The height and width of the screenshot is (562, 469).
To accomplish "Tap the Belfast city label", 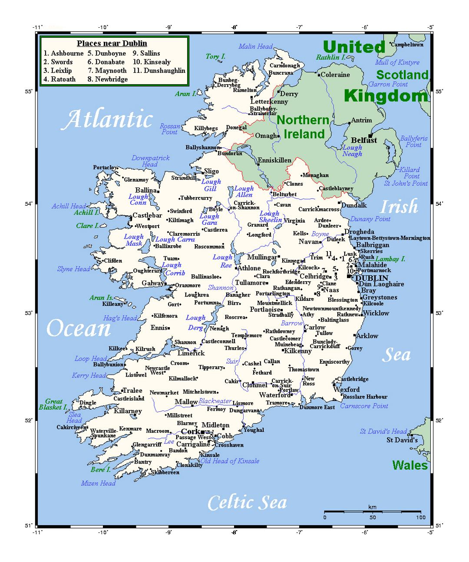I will point(364,140).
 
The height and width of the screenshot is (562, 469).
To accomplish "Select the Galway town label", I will point(153,283).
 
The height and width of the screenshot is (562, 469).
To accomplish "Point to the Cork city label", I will point(190,431).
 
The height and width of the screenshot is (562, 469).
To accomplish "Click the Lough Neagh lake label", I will point(352,151).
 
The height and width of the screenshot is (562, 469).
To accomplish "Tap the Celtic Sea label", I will point(247,503).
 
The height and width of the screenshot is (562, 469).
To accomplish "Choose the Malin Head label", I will point(255,46).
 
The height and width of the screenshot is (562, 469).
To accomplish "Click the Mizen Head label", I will point(98,483).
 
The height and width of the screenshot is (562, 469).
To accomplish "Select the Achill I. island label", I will point(86,213).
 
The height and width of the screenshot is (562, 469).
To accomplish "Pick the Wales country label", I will point(410,465).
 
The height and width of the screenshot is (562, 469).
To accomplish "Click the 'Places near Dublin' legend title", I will point(112,43).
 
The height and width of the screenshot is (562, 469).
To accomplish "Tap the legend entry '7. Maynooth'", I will point(107,70).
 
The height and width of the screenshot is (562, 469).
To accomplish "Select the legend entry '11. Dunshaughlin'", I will point(159,70).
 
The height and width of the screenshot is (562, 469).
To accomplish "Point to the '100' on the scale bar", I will point(420,517).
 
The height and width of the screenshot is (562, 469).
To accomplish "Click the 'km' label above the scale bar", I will point(372,507).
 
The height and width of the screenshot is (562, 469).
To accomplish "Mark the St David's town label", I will point(402,440).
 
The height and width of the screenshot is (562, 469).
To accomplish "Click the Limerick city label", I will point(191,353).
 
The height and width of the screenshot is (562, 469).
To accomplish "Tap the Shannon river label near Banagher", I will point(220,288).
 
